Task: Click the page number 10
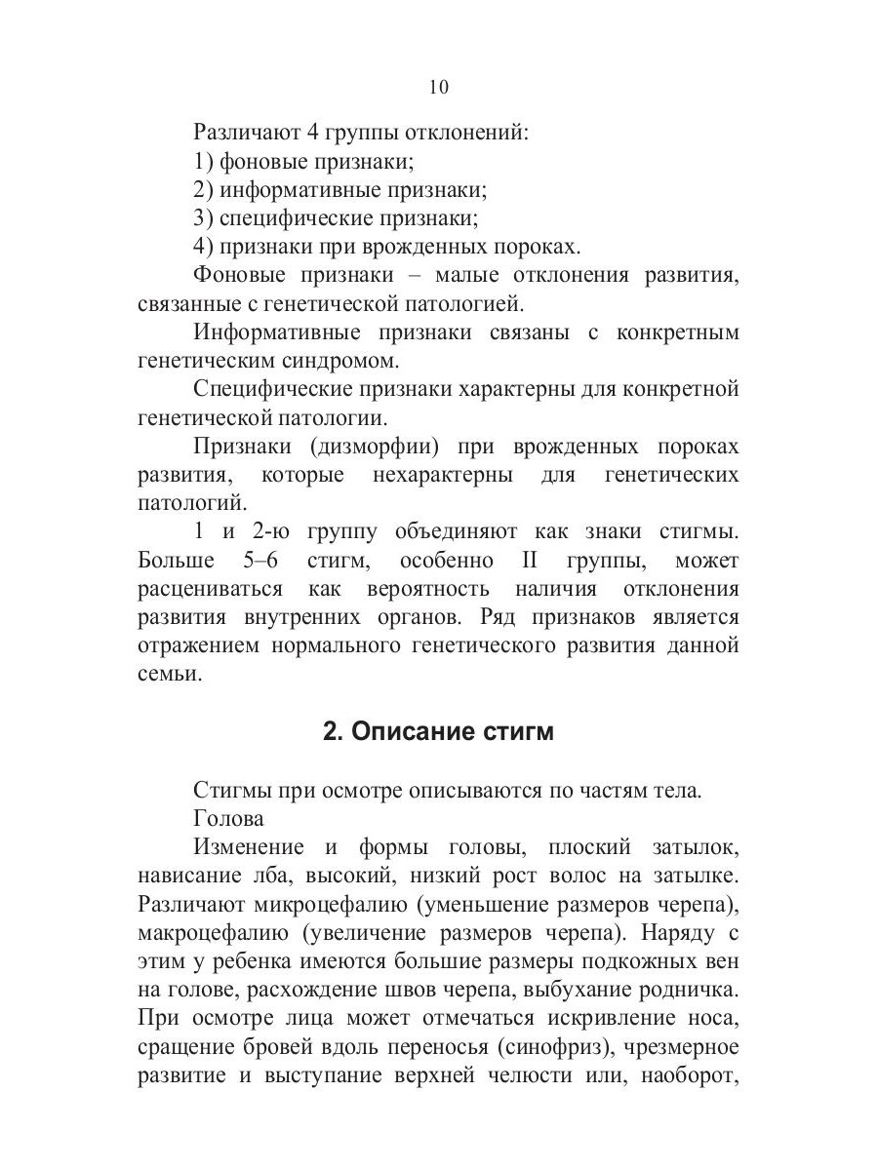438,88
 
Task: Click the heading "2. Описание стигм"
438,732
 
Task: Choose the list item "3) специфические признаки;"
336,217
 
